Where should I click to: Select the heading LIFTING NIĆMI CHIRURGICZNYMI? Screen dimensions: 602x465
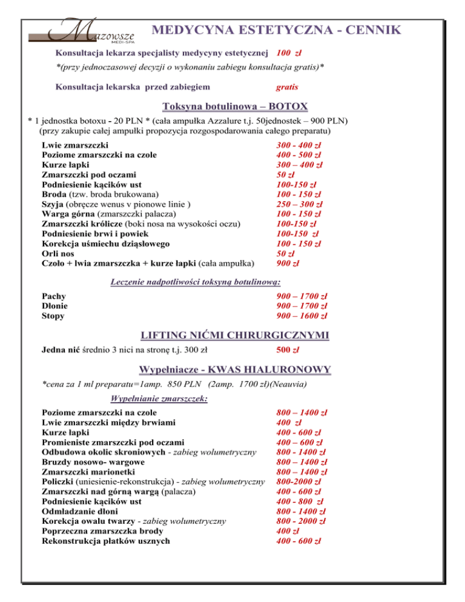tap(234, 334)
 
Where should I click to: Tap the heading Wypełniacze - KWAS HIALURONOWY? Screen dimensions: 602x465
tap(234, 369)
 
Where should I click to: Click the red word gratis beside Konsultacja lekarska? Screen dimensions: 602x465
tap(286, 87)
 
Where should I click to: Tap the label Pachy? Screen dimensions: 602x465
tap(54, 296)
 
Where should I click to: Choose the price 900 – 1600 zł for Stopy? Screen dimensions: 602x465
tap(302, 316)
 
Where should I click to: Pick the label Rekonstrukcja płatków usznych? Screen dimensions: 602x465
tap(106, 541)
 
